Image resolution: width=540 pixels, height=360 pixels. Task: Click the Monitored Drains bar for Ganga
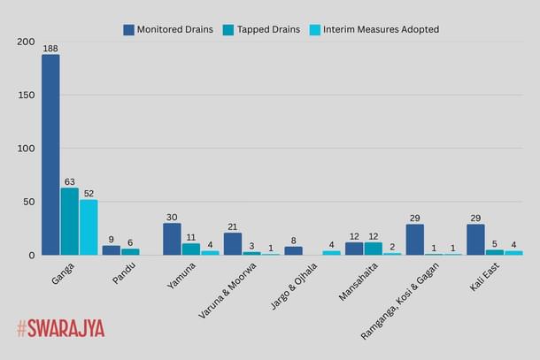pyautogui.click(x=50, y=155)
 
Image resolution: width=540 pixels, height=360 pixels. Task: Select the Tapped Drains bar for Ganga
pyautogui.click(x=69, y=221)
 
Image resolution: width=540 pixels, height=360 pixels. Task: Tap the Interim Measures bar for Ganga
pyautogui.click(x=89, y=227)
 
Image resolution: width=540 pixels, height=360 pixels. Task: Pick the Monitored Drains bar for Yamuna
pyautogui.click(x=172, y=239)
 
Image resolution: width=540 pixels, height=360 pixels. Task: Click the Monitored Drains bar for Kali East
pyautogui.click(x=476, y=240)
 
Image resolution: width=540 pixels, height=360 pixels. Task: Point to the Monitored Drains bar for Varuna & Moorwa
pyautogui.click(x=233, y=244)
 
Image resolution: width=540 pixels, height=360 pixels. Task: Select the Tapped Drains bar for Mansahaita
pyautogui.click(x=374, y=249)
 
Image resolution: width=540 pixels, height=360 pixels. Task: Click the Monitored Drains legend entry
pyautogui.click(x=167, y=29)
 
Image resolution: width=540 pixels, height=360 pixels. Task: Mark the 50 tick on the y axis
pyautogui.click(x=28, y=202)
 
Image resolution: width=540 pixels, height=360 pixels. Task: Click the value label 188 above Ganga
pyautogui.click(x=50, y=48)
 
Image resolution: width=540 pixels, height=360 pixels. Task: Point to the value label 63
pyautogui.click(x=69, y=181)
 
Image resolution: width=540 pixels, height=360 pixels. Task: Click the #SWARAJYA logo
pyautogui.click(x=60, y=328)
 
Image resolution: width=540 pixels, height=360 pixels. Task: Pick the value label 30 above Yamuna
pyautogui.click(x=172, y=217)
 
